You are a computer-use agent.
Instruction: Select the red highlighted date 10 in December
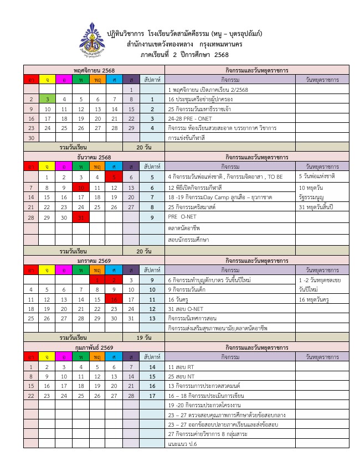(x=80, y=188)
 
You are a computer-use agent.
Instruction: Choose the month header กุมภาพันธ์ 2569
(x=94, y=347)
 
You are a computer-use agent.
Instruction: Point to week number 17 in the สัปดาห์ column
(x=152, y=396)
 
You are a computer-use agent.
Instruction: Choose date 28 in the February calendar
(x=131, y=396)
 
